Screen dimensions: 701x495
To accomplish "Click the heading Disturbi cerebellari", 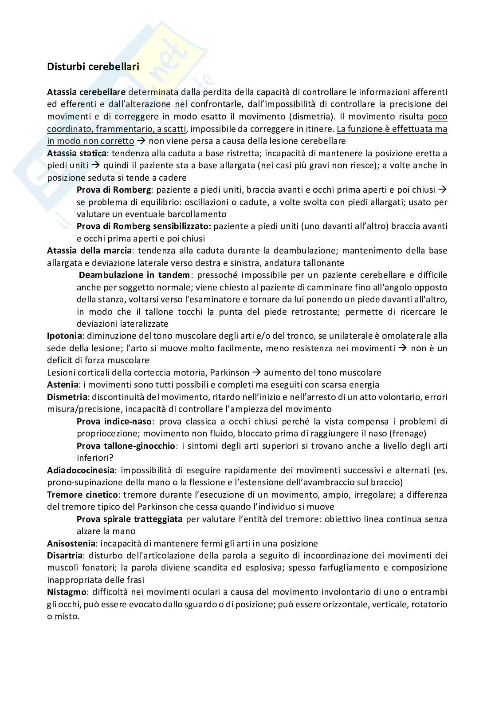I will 93,67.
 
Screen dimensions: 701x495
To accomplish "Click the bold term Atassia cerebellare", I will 86,92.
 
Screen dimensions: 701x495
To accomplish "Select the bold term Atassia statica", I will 76,153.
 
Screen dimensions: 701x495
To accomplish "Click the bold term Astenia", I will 63,384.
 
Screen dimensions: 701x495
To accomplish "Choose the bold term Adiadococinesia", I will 81,470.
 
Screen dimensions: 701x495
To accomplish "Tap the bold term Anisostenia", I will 71,543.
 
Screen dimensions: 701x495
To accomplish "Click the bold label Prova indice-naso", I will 114,421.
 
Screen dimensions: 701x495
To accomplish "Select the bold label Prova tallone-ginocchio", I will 126,446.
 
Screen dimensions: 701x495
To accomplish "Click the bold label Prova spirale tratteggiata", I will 130,519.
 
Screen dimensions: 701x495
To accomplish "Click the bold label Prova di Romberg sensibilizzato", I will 144,226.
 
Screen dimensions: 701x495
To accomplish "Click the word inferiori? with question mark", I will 95,457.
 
